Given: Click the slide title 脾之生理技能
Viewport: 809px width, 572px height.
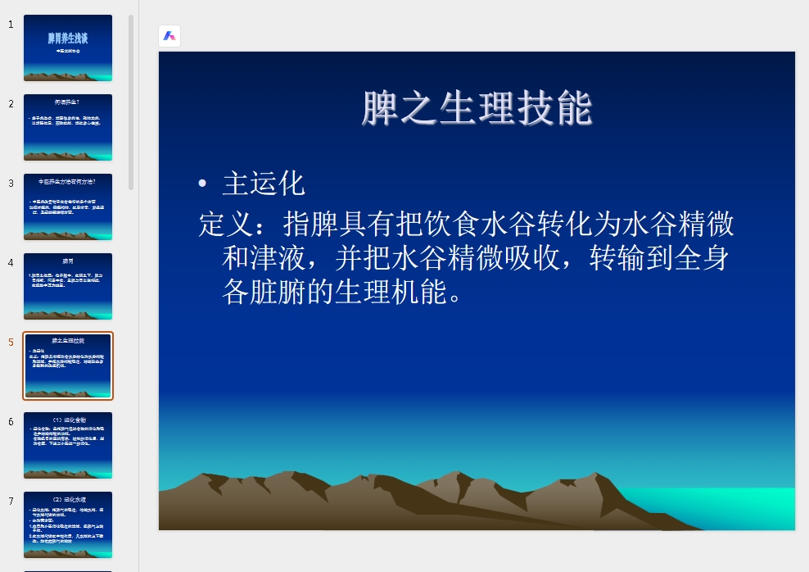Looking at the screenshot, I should [477, 109].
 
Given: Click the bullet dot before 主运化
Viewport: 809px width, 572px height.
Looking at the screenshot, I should [202, 184].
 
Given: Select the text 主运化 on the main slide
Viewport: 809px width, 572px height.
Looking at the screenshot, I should [264, 184].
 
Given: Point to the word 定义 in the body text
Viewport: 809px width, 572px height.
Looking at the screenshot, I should [226, 224].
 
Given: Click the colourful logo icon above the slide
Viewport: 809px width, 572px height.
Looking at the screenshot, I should [169, 36].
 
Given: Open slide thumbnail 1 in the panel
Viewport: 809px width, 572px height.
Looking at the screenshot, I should [68, 48].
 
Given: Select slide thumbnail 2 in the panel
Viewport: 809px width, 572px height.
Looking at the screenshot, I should [68, 127].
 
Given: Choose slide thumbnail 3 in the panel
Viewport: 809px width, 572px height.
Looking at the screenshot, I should [68, 207].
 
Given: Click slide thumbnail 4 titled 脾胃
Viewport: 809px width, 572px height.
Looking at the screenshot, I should [68, 286].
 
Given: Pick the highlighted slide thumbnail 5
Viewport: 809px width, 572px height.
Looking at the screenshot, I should [68, 365].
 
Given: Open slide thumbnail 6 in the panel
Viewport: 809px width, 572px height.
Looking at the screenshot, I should [68, 445].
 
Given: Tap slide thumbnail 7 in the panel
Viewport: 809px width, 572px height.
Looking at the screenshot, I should [68, 524].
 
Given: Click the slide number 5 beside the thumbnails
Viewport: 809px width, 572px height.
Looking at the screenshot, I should [11, 343].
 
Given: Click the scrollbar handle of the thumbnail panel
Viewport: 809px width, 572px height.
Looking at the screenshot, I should [131, 102].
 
